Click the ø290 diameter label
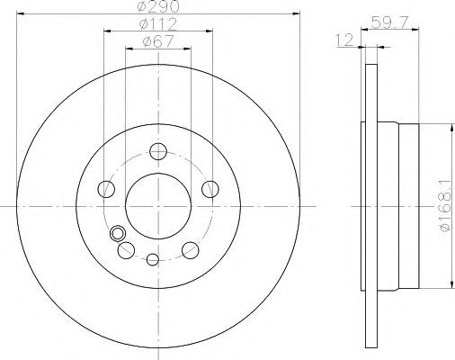158,6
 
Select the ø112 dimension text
158,23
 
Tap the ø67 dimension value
158,41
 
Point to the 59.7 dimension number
389,22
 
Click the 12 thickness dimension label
344,40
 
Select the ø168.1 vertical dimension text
446,206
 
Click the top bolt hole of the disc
158,151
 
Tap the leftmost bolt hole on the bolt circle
106,189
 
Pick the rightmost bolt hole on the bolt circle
210,189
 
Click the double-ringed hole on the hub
117,233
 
